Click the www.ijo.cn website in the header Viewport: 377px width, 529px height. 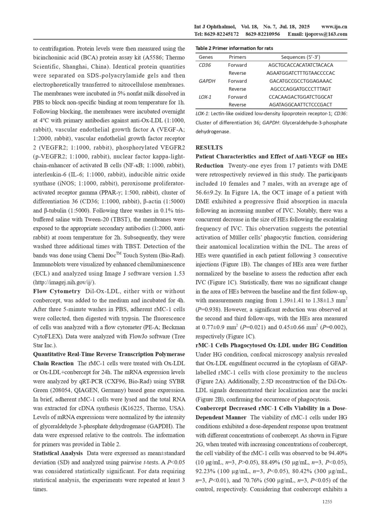tap(334, 27)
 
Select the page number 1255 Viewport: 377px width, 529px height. tap(327, 502)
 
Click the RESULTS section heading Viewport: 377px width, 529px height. tap(209, 147)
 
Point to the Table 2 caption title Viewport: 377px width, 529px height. tap(234, 48)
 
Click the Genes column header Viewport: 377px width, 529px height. tap(206, 57)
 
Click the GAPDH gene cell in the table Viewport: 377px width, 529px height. tap(207, 81)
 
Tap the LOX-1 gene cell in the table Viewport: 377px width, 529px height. tap(205, 97)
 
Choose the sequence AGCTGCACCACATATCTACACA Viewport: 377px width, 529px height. tap(301, 65)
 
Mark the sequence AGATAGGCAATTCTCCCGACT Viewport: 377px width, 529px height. tap(301, 104)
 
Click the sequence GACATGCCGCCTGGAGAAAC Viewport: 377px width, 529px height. tap(301, 81)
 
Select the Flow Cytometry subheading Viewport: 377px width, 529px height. tap(57, 291)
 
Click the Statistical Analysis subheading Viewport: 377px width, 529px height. tap(58, 453)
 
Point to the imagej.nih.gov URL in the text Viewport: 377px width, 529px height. tap(64, 282)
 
